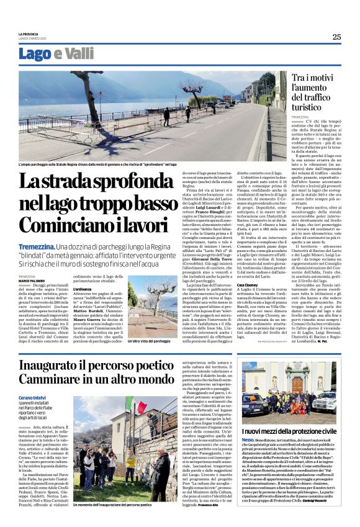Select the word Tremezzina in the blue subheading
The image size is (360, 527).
click(x=36, y=247)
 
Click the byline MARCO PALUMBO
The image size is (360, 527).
click(x=32, y=280)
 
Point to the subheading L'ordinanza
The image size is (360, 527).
click(x=82, y=289)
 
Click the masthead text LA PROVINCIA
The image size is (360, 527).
click(x=29, y=34)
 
